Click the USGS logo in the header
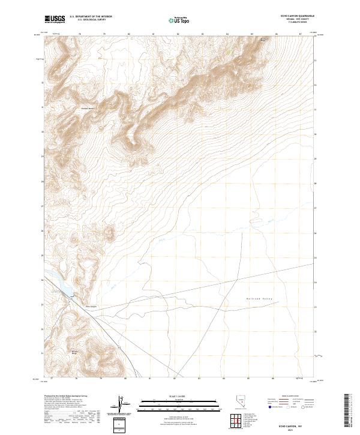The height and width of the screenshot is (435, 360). [55, 19]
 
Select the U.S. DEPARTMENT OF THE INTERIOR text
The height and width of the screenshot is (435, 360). [91, 17]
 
